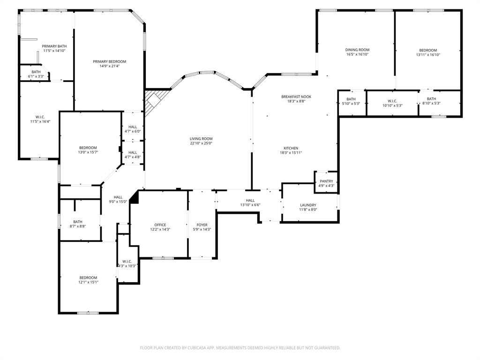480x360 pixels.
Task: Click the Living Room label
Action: [201, 139]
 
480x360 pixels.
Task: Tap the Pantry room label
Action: [326, 181]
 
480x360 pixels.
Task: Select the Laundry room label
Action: [308, 205]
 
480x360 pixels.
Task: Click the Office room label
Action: [160, 225]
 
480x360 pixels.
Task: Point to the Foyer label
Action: [202, 225]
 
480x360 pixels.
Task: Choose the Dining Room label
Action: [357, 50]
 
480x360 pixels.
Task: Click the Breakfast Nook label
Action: [296, 97]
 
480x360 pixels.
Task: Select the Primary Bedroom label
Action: [109, 61]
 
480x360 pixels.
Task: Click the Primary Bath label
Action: [54, 46]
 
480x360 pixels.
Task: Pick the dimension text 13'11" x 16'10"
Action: [427, 55]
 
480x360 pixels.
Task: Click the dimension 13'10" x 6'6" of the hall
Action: [250, 205]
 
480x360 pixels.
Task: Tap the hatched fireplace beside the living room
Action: [153, 102]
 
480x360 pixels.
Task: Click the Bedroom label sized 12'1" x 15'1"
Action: [88, 277]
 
